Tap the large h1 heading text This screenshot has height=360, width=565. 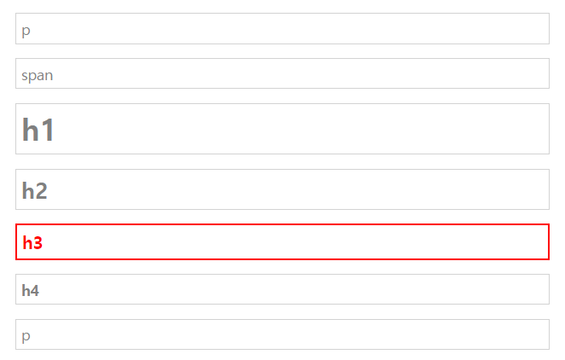pos(38,131)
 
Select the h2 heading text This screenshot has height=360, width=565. pos(34,191)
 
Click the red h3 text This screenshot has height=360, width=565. pos(32,243)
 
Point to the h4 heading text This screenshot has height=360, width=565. pos(31,291)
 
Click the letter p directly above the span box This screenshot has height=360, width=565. pos(26,31)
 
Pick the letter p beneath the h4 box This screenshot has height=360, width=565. pos(26,336)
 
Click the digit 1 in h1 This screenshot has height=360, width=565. pos(47,131)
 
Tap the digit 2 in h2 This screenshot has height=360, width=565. pos(41,191)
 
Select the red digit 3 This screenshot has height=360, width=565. pos(38,243)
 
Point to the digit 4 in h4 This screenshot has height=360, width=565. pos(35,291)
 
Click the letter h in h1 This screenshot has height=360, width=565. pos(30,131)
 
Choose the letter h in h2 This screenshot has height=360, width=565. pos(28,191)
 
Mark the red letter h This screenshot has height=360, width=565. pos(27,243)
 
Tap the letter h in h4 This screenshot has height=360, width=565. pos(26,291)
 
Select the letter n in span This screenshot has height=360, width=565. pos(50,75)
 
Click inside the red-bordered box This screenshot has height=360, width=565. pos(282,242)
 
